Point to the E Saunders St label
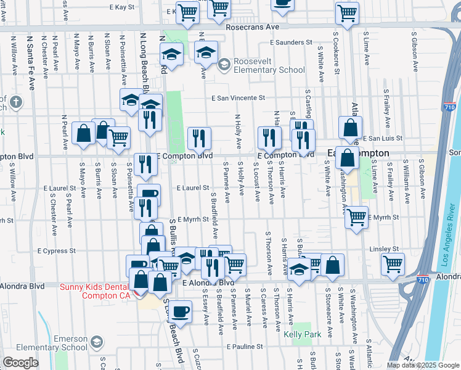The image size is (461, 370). point(292,43)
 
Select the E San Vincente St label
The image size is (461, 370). point(238,97)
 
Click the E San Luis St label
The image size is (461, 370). point(382,138)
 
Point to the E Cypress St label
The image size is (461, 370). point(57,251)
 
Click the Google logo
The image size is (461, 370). point(20,363)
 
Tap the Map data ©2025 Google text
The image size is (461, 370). point(422,364)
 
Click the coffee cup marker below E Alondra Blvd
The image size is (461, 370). point(180,312)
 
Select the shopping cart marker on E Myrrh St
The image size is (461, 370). point(356,217)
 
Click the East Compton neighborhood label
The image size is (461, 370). point(358,152)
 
